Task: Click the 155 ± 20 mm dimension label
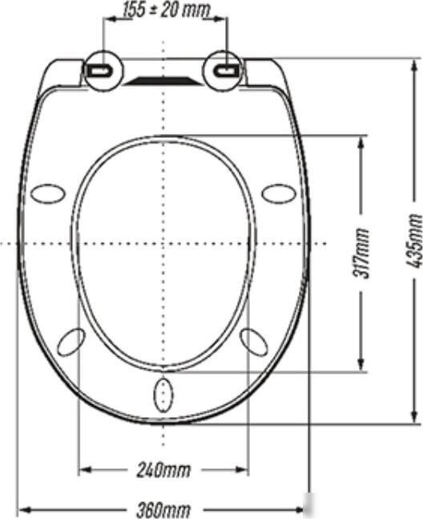[x=166, y=10]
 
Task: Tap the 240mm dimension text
[x=164, y=470]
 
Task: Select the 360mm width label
[x=163, y=510]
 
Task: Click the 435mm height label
[x=414, y=241]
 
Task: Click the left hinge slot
[x=100, y=70]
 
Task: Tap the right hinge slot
[x=226, y=70]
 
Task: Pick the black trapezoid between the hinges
[x=162, y=80]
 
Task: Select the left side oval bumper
[x=48, y=193]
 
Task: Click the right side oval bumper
[x=279, y=193]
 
